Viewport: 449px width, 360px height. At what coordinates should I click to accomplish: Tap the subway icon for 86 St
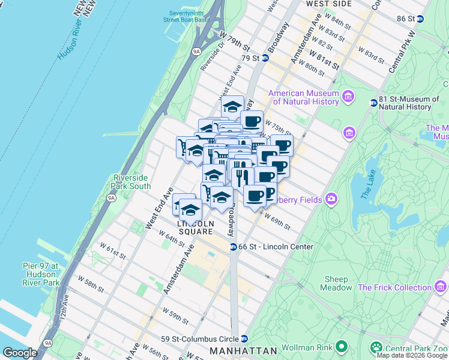(420, 19)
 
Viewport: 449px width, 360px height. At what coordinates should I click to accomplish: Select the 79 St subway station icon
(263, 58)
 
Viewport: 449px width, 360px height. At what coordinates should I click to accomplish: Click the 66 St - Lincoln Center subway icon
(233, 247)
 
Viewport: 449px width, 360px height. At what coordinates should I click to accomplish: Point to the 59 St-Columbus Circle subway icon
(244, 338)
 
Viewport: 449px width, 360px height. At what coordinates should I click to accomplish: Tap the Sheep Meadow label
(337, 283)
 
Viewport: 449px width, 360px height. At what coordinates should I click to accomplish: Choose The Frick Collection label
(394, 287)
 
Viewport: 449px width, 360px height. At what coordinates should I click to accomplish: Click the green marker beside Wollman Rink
(342, 346)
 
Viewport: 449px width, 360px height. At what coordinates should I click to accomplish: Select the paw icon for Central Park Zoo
(376, 346)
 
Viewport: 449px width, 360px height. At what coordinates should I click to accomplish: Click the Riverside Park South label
(132, 182)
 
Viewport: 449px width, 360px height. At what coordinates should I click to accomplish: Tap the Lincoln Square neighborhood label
(195, 227)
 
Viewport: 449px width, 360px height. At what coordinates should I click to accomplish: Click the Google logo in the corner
(20, 353)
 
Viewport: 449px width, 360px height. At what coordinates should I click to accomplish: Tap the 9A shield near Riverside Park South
(111, 197)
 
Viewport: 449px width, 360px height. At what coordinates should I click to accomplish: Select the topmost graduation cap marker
(232, 107)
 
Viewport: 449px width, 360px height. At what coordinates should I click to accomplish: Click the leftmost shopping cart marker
(182, 146)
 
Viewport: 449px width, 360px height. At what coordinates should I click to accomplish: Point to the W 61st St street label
(113, 251)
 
